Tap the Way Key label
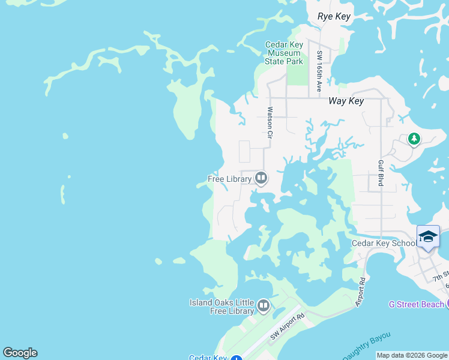(346, 101)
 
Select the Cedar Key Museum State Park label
(284, 53)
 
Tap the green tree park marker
(414, 139)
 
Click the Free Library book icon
(261, 178)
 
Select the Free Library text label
(229, 179)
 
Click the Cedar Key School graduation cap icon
(428, 236)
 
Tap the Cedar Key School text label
(383, 243)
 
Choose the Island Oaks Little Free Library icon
(263, 307)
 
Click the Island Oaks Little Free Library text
(221, 307)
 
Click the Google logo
(20, 353)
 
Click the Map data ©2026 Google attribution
(412, 356)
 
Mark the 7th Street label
(441, 274)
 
